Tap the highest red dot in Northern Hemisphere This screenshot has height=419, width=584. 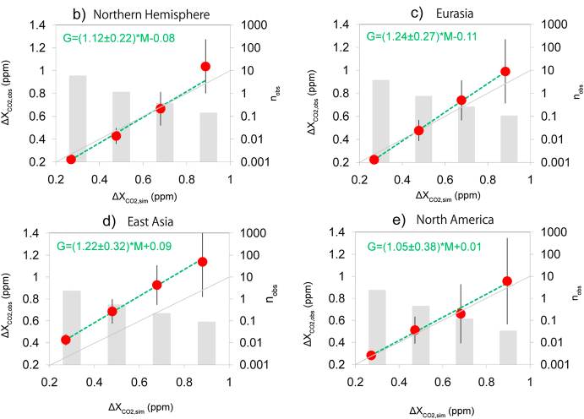click(x=205, y=66)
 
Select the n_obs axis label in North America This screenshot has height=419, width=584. click(x=577, y=297)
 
